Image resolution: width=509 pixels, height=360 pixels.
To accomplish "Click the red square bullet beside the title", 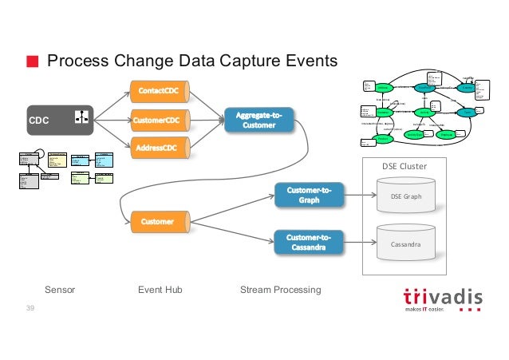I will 32,61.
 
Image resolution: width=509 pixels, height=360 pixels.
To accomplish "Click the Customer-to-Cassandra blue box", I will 309,242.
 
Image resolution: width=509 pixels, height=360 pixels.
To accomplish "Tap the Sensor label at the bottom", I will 60,290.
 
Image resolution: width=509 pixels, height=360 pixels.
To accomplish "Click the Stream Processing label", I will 280,290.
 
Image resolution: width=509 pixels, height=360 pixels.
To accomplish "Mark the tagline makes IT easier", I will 432,310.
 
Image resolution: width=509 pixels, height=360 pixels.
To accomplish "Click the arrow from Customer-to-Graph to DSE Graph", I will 361,195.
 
